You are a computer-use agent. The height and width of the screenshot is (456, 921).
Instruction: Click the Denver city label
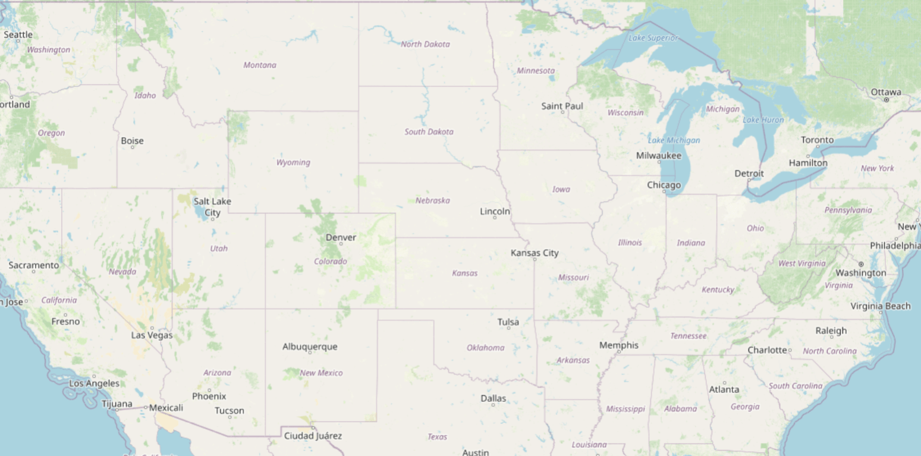point(341,238)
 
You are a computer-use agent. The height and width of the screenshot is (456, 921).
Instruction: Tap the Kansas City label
point(535,253)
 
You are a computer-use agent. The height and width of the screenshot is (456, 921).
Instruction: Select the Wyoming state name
point(293,162)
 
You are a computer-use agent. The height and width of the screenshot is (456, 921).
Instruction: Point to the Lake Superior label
point(653,38)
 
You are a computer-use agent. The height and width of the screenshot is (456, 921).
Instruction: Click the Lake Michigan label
point(674,141)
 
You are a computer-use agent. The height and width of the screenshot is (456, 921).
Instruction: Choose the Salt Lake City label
point(212,207)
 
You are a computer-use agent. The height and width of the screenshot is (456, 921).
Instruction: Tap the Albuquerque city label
point(310,347)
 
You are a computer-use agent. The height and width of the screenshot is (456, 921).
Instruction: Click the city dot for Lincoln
point(495,218)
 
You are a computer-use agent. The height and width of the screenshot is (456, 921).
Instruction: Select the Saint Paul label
point(562,106)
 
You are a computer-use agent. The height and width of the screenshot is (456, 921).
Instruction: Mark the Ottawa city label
point(886,92)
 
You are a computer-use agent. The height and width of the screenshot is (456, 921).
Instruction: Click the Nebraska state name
point(432,200)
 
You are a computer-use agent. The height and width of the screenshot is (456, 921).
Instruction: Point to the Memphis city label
point(619,345)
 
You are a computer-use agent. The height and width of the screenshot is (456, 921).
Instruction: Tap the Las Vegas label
point(152,335)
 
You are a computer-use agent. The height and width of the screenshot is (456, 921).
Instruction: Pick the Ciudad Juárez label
point(313,436)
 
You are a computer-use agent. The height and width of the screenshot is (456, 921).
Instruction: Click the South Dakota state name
point(429,132)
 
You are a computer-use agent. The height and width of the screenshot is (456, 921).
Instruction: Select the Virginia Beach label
point(880,306)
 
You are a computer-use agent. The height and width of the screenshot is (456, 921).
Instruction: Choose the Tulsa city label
point(508,322)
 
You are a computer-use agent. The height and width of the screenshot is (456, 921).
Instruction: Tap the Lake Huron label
point(763,120)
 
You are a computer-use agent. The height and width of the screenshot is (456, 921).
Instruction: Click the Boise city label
point(132,141)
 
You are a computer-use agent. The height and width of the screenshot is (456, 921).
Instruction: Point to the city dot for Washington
point(860,264)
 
